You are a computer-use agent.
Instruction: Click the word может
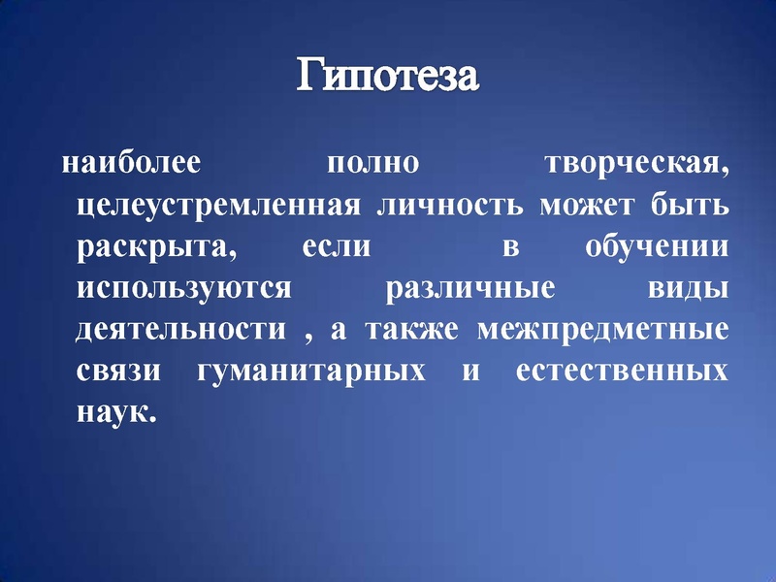point(608,206)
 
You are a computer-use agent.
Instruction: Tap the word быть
point(695,206)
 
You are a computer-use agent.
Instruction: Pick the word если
point(337,246)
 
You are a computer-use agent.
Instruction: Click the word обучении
point(657,246)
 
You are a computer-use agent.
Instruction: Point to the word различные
point(470,287)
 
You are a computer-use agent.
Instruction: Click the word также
point(411,328)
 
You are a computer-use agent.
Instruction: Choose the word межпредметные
point(603,330)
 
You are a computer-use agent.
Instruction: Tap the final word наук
point(113,411)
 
